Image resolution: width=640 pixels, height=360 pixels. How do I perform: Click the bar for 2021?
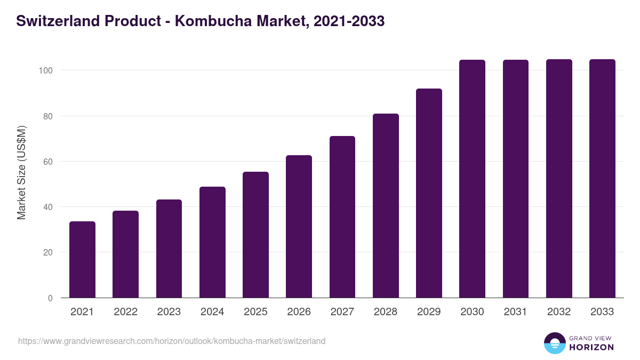tap(82, 260)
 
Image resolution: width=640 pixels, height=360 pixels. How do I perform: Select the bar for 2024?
tap(212, 242)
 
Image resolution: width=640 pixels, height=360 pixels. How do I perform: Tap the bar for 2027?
tap(342, 217)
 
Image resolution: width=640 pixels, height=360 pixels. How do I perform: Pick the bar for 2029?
tap(429, 193)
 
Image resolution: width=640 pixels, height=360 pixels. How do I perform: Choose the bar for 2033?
tap(602, 179)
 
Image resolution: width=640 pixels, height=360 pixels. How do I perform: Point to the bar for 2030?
tap(472, 179)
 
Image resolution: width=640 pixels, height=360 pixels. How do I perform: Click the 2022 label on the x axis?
tap(125, 312)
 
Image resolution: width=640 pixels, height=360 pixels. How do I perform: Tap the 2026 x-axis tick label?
tap(299, 312)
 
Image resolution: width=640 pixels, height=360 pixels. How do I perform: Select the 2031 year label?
tap(516, 312)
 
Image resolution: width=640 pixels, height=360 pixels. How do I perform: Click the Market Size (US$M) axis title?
tap(21, 172)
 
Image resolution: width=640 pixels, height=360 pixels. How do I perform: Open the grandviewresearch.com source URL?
tap(172, 341)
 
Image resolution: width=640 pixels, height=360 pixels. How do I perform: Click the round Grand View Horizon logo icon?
tap(554, 343)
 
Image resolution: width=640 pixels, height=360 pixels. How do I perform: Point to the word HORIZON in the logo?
tap(591, 347)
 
